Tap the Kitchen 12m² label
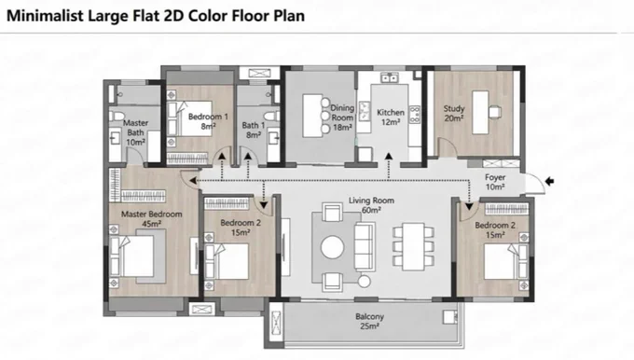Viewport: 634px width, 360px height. pos(390,117)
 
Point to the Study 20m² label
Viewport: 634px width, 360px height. pos(454,113)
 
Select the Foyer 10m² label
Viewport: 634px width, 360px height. pos(495,182)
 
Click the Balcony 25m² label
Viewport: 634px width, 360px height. pos(369,321)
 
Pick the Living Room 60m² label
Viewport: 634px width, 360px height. pos(371,205)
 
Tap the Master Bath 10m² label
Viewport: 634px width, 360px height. pos(135,132)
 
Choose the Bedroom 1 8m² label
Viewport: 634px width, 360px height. pos(208,121)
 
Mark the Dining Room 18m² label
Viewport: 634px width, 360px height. pos(342,118)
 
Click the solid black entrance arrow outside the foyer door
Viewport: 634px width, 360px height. pos(549,181)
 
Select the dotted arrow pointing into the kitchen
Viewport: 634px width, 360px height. pos(389,166)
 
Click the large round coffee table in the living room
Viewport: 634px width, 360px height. pos(332,247)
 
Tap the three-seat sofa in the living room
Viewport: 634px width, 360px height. pos(365,246)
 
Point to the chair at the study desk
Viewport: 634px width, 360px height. pos(495,112)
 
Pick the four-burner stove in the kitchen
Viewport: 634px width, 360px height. pos(415,115)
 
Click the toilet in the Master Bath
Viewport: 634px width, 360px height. pos(117,117)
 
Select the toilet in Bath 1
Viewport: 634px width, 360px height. pos(272,117)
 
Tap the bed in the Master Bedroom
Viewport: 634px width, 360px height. pos(131,256)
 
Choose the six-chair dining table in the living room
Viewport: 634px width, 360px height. pos(413,246)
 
